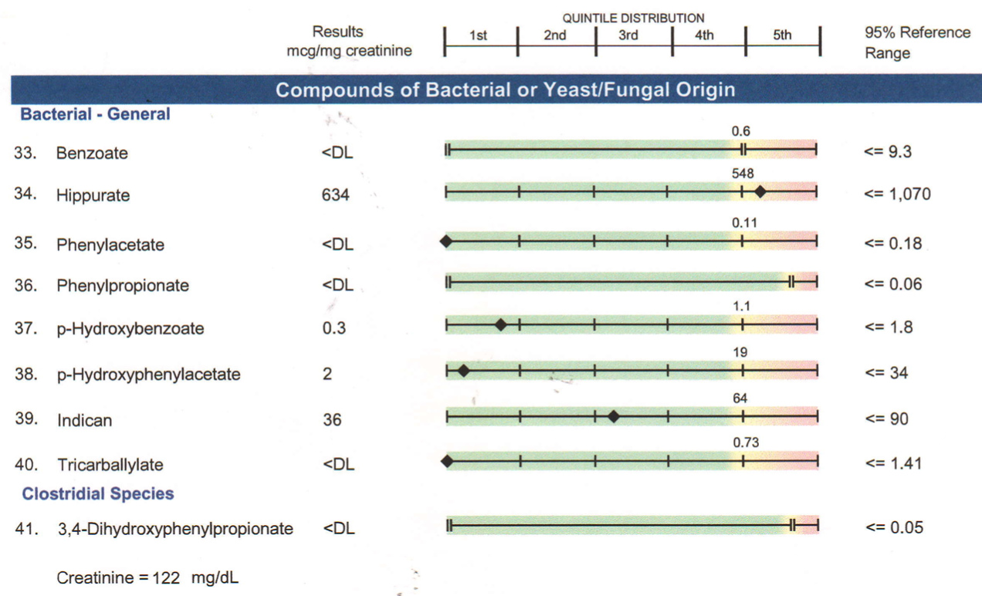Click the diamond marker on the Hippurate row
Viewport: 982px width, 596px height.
point(760,192)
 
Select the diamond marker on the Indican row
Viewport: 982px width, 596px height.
point(614,417)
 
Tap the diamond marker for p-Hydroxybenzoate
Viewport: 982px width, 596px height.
point(500,325)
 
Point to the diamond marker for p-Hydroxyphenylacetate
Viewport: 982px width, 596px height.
point(464,371)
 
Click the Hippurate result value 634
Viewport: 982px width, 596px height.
point(335,195)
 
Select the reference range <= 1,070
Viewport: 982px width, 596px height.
point(897,195)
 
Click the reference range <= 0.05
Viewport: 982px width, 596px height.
point(893,528)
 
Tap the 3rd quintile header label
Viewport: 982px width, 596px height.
point(628,36)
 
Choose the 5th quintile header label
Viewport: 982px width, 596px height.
point(782,36)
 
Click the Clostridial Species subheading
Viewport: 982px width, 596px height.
point(98,494)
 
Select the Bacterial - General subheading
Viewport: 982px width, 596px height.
point(95,114)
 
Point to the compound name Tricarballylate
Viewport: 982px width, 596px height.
point(110,465)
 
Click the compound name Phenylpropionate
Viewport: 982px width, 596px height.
point(122,286)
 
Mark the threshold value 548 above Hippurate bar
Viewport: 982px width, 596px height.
point(743,174)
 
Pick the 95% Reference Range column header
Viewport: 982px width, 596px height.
point(917,42)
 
